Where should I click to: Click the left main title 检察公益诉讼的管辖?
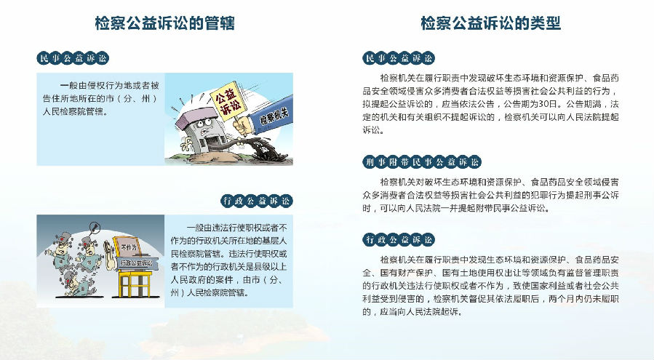[x=164, y=23]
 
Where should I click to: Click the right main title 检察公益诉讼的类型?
[x=490, y=23]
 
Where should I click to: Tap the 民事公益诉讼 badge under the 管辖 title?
[x=73, y=58]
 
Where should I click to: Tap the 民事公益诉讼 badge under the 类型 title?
[x=399, y=58]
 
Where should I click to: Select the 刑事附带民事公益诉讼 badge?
[x=422, y=162]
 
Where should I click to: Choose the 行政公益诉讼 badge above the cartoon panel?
[x=257, y=201]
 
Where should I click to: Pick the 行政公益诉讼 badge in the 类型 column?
[x=399, y=239]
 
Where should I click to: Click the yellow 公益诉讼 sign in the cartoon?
[x=227, y=101]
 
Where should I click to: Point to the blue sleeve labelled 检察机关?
[x=274, y=114]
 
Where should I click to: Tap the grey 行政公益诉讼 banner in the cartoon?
[x=137, y=263]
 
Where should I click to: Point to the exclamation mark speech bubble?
[x=95, y=228]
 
